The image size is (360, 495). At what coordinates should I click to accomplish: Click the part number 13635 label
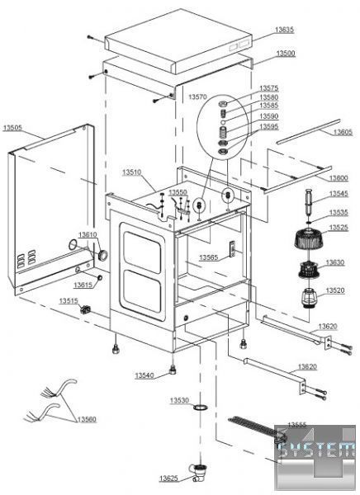pos(284,30)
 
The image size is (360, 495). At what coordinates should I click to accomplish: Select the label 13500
pos(286,54)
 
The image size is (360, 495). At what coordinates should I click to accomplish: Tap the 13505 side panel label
pos(12,128)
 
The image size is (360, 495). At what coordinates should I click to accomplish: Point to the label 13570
pos(197,97)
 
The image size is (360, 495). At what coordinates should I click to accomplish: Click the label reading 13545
pos(339,194)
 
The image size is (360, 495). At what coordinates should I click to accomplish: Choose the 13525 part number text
pos(339,228)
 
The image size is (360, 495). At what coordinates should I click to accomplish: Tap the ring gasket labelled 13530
pos(201,408)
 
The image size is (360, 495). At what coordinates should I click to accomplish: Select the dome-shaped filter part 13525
pos(307,238)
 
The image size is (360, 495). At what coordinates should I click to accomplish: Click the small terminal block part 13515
pos(85,310)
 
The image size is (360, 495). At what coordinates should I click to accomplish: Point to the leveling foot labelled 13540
pos(173,370)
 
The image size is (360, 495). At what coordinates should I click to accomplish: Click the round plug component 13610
pos(102,255)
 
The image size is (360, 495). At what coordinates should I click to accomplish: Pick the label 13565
pos(208,257)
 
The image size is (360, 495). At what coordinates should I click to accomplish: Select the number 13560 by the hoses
pos(87,419)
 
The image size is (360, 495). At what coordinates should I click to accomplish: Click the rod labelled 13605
pos(309,131)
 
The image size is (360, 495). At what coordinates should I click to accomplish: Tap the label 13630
pos(335,262)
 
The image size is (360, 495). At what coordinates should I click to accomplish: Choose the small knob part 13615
pos(100,277)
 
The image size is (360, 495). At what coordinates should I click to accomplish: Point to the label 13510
pos(132,172)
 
